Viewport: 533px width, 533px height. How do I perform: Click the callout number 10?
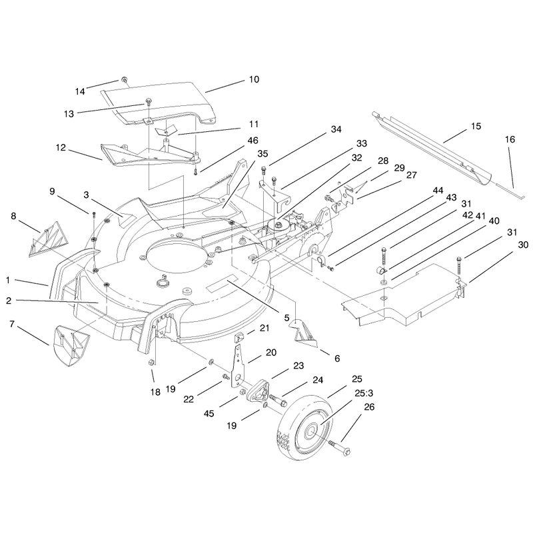coord(255,79)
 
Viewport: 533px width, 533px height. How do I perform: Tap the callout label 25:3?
coord(364,393)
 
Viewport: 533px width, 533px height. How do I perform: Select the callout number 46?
coord(253,141)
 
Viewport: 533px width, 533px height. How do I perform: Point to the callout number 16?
coord(510,139)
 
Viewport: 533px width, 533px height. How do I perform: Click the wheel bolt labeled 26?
coord(339,447)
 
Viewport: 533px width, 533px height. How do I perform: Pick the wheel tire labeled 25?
coord(305,430)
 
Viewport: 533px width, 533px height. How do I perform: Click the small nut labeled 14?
coord(125,80)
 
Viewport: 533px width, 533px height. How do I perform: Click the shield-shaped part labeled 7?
coord(71,346)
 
